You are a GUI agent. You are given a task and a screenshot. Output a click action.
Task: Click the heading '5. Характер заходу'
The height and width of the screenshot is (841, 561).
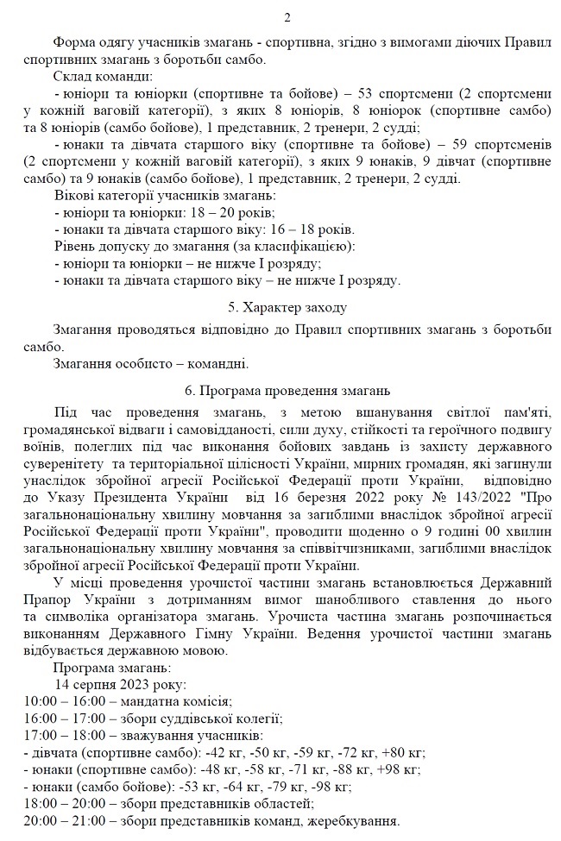click(x=287, y=307)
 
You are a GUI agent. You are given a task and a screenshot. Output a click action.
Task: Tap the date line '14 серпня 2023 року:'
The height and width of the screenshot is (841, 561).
click(x=121, y=684)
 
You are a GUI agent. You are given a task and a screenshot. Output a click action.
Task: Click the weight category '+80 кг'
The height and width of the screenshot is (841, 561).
click(x=404, y=752)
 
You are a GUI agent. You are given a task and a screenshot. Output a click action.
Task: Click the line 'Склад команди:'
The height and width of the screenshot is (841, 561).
click(x=102, y=77)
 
